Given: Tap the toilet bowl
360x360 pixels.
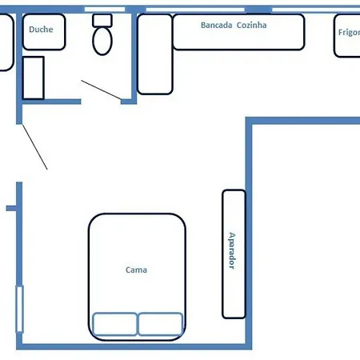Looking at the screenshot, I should coord(102,42).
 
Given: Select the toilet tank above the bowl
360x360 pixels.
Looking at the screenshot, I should coord(102,19).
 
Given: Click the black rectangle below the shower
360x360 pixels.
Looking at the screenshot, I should coord(33,78).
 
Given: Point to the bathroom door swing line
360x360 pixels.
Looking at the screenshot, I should coord(101,90).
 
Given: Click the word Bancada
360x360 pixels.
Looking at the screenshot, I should coord(215,25).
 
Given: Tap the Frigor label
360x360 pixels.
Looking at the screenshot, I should coord(349,34).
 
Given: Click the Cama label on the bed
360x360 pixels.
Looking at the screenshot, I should coord(136,270).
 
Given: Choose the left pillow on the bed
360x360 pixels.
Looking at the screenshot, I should coord(114,324).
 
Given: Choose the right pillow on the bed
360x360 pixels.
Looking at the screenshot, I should coord(161,324).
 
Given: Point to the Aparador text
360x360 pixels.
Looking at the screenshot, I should coord(232,251).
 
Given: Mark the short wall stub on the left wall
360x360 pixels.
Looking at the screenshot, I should coord(11,208).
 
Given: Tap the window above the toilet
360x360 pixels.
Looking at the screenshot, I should coord(105,9).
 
